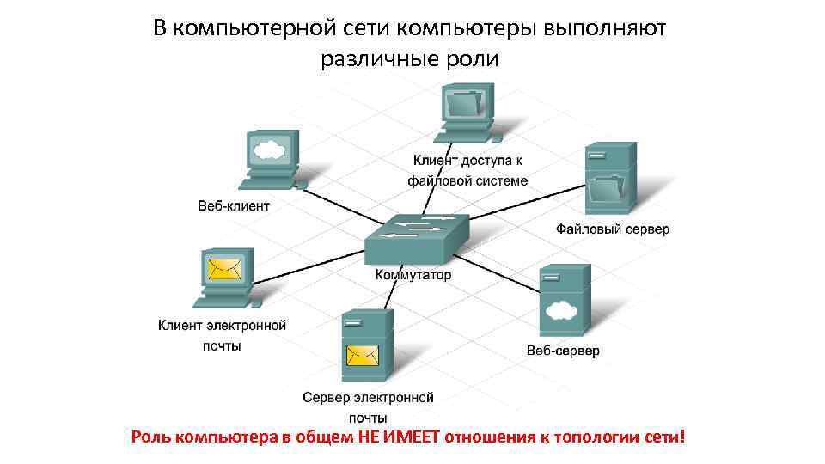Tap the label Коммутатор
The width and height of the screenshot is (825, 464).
coord(413,276)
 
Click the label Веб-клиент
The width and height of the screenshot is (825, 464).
coord(234,206)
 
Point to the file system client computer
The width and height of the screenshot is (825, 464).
coord(467,113)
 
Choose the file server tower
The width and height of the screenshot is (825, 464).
coord(609,177)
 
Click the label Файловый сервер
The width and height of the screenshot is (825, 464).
coord(612,229)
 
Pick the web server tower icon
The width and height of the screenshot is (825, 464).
coord(564,301)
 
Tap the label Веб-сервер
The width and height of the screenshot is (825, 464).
coord(563,351)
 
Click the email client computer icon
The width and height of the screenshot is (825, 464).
coord(226,277)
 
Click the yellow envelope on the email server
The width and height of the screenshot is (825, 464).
coord(363,355)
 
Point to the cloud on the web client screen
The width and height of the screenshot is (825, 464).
coord(270,150)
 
